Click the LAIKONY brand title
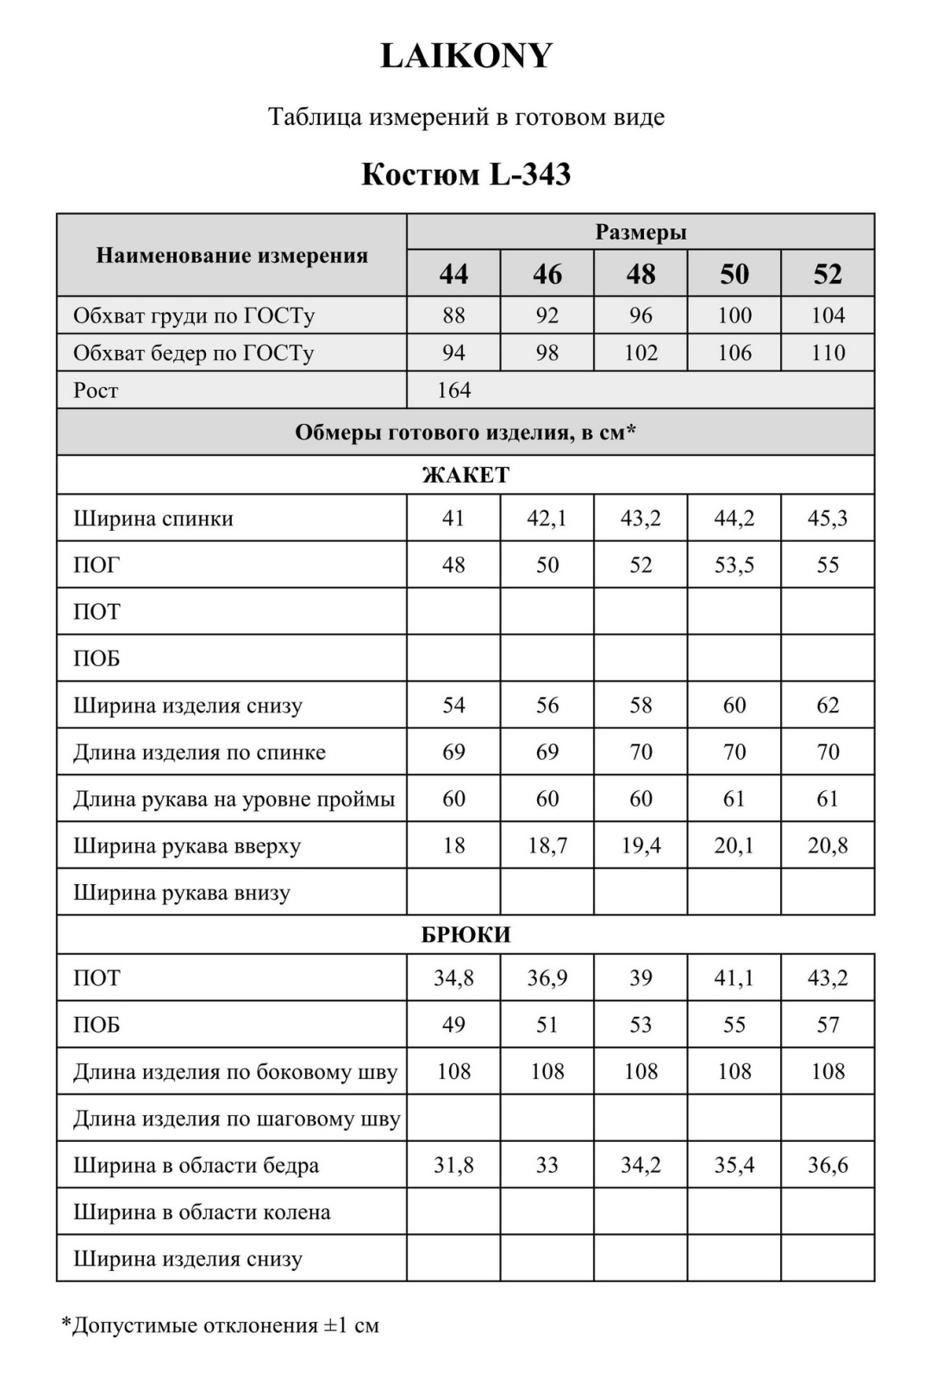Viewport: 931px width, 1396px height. point(465,56)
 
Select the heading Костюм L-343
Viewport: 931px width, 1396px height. point(465,174)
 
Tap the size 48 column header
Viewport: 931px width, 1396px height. point(640,274)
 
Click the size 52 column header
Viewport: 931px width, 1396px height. point(828,274)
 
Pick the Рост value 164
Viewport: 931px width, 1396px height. point(453,390)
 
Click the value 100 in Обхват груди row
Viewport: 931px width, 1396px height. point(734,315)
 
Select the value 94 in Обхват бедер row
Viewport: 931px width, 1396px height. point(453,352)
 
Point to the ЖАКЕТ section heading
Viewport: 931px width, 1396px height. point(465,475)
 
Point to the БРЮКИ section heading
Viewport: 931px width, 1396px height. point(465,935)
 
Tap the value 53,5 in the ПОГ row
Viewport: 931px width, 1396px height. point(734,565)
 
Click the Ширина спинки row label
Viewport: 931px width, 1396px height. point(153,519)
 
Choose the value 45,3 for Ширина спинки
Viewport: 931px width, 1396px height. point(828,519)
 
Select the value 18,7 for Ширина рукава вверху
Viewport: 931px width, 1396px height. point(547,846)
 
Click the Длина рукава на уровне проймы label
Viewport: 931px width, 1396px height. point(234,800)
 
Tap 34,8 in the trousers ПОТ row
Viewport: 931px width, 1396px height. point(453,978)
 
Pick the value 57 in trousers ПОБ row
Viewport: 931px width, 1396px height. point(828,1025)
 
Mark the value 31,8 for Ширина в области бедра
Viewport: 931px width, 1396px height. point(453,1165)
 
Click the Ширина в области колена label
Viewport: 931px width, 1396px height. point(202,1212)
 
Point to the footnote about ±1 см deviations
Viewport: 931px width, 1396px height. point(221,1325)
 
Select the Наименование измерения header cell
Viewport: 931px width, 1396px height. point(232,256)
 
